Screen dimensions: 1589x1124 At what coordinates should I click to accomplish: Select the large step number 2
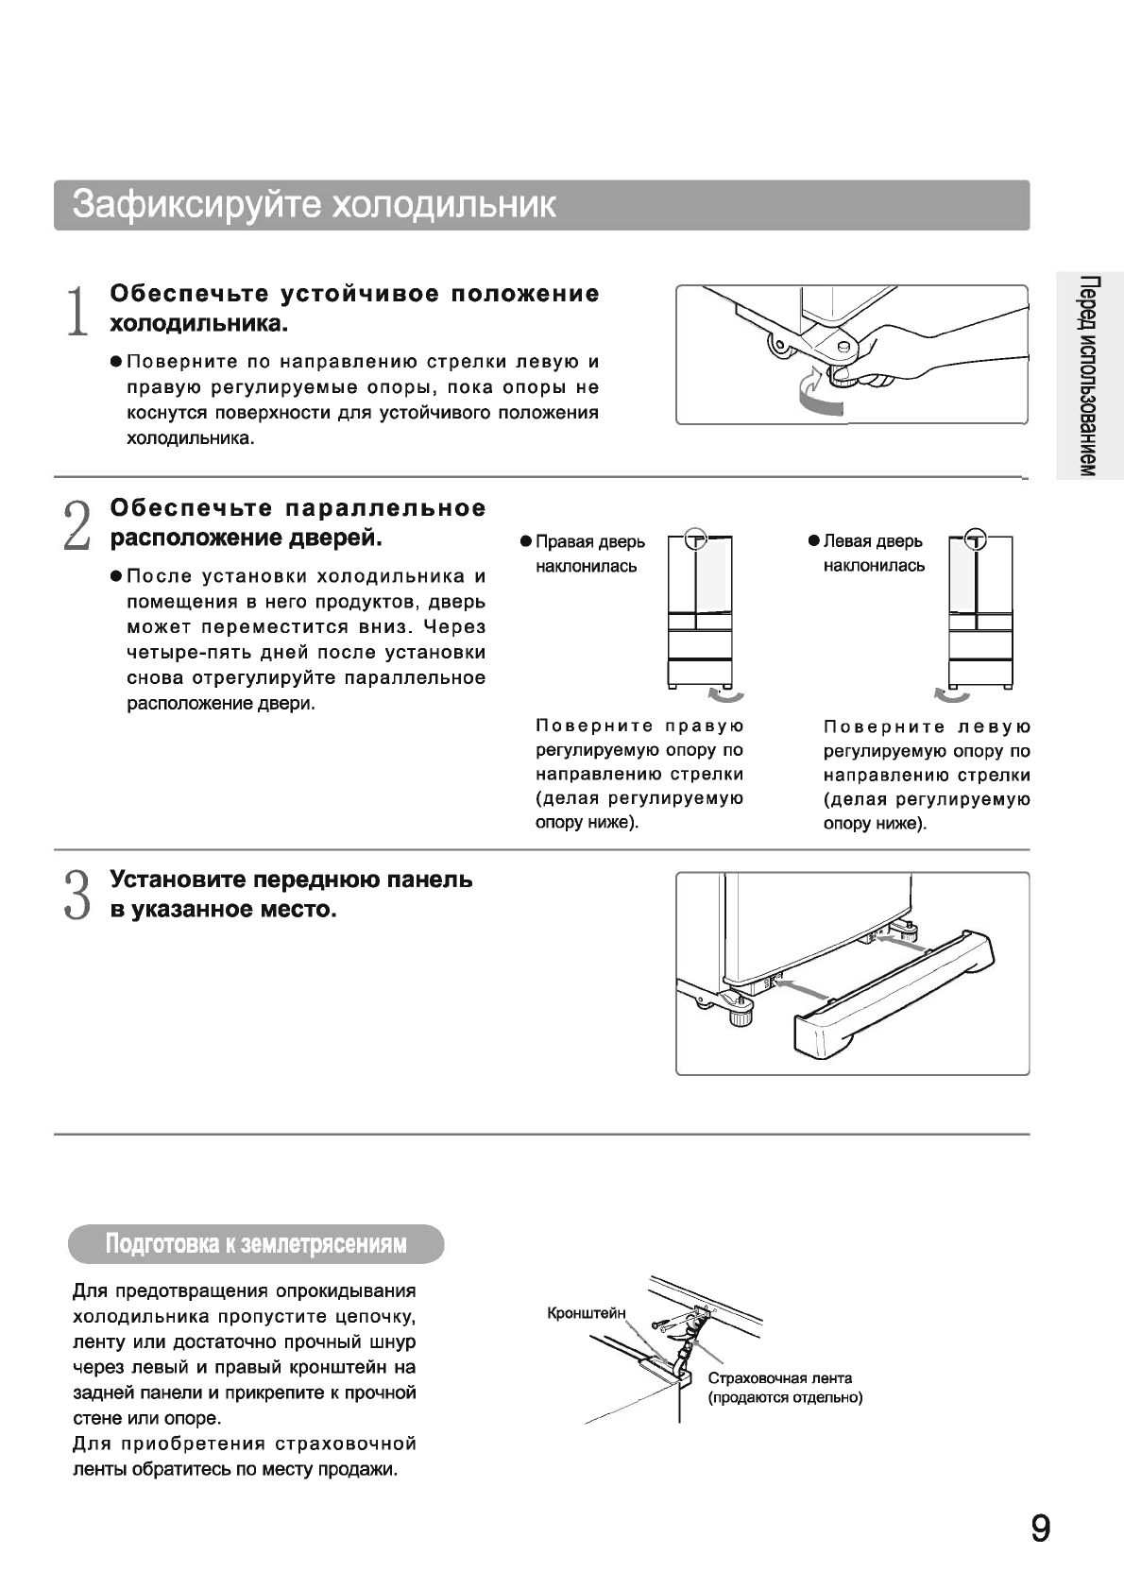click(77, 524)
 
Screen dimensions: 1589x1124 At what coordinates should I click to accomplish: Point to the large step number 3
click(77, 895)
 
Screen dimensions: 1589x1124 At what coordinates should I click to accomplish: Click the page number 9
click(1040, 1528)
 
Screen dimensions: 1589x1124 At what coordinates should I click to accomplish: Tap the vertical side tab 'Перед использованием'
click(1089, 377)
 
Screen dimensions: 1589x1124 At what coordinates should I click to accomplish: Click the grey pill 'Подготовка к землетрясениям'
click(256, 1243)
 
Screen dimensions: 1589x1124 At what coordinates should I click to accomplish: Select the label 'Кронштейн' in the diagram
click(587, 1312)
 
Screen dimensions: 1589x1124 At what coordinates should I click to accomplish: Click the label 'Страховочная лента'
click(779, 1378)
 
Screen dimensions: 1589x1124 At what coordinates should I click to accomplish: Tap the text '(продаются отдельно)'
click(785, 1397)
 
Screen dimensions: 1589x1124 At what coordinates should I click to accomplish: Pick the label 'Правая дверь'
click(590, 541)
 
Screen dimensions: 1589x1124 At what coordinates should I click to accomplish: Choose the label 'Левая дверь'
click(873, 541)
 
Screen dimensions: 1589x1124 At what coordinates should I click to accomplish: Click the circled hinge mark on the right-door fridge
click(696, 538)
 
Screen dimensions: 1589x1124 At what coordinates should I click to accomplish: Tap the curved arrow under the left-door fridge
click(951, 696)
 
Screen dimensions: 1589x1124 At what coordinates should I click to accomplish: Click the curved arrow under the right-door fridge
click(726, 696)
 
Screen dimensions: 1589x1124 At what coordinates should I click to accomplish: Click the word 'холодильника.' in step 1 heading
click(198, 324)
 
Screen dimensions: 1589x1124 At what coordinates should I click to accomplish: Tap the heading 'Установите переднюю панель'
click(291, 880)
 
